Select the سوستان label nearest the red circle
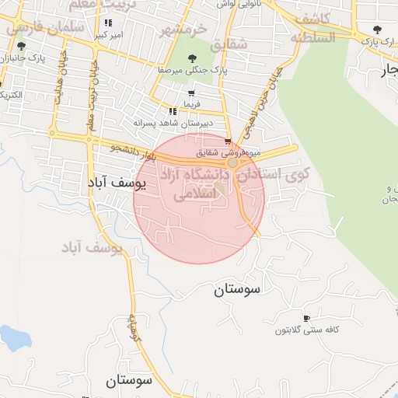tap(239, 290)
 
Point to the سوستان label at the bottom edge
tap(129, 381)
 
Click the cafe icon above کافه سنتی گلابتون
tap(306, 319)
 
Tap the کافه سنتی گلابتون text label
tap(309, 330)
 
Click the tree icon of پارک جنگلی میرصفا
tap(194, 58)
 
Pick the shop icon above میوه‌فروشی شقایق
tap(228, 141)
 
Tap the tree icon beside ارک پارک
tap(377, 30)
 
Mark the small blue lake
tap(15, 338)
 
